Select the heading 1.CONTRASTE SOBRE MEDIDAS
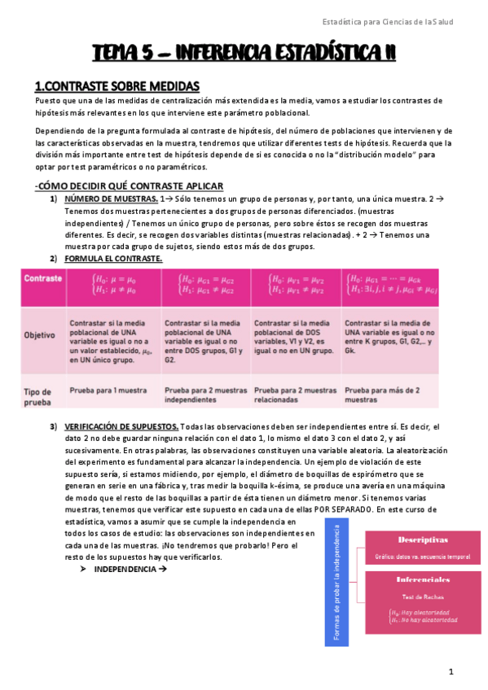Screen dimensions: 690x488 click(117, 85)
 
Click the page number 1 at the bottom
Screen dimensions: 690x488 click(450, 671)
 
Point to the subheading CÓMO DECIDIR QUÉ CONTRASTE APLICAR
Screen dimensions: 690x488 click(130, 186)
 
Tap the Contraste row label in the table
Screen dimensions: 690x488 click(44, 278)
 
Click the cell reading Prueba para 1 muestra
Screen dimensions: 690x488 click(108, 391)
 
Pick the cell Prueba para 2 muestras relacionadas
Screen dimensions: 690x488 click(294, 395)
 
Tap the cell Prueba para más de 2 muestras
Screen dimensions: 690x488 click(381, 395)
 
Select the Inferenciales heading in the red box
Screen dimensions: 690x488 click(422, 580)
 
